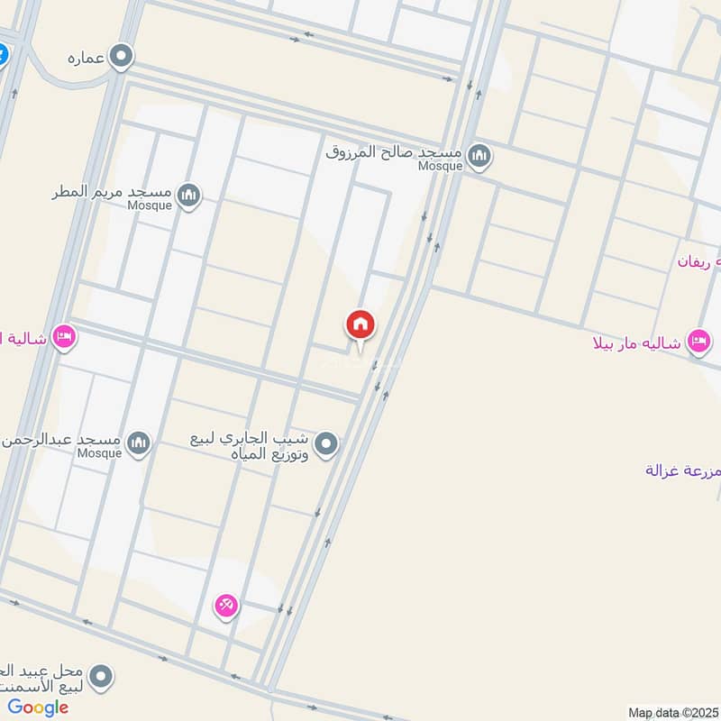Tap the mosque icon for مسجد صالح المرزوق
click(480, 156)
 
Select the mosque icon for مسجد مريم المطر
click(188, 195)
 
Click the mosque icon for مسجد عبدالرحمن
click(138, 442)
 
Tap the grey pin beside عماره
click(122, 58)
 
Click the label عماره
click(87, 59)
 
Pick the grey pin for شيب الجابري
click(328, 443)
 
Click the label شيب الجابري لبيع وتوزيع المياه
click(250, 446)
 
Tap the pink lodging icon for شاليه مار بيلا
click(698, 341)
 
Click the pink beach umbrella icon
click(225, 607)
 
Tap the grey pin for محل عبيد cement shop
click(102, 675)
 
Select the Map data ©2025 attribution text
click(671, 713)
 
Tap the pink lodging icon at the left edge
click(64, 338)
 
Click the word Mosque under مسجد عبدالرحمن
click(98, 453)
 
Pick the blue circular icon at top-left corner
click(3, 54)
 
